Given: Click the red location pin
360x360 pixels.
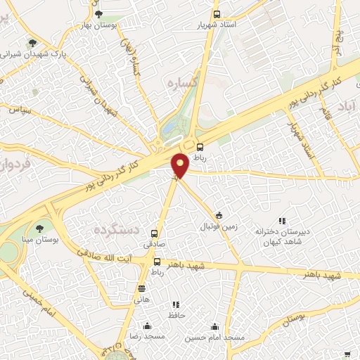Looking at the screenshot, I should pyautogui.click(x=181, y=165).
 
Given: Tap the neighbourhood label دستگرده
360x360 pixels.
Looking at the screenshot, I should pyautogui.click(x=116, y=230).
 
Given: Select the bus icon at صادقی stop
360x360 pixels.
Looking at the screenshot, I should pyautogui.click(x=154, y=233).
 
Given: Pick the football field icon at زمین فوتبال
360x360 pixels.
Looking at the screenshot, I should pyautogui.click(x=219, y=215).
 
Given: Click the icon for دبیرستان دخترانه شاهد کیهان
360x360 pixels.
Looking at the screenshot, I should pyautogui.click(x=282, y=220).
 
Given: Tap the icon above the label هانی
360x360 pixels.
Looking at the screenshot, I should pyautogui.click(x=142, y=288).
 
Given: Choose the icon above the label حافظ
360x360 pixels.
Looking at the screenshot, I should pyautogui.click(x=176, y=304).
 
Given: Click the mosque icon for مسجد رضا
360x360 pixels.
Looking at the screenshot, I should pyautogui.click(x=147, y=326).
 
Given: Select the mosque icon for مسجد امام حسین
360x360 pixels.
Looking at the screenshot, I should pyautogui.click(x=214, y=326).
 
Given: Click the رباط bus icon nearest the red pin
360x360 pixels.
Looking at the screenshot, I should pyautogui.click(x=200, y=148).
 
